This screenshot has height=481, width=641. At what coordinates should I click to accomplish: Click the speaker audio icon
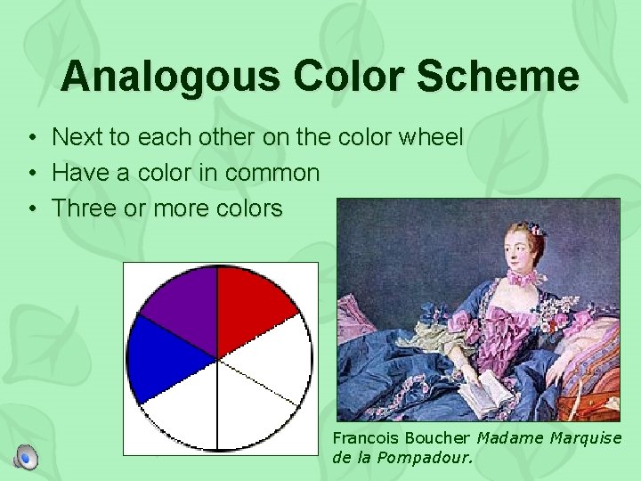coord(27,457)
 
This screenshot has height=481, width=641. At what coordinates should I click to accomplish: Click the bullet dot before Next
coord(31,138)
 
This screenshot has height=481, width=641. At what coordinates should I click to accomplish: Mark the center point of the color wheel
coord(218,358)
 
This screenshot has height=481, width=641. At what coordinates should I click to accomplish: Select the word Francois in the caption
coord(365,437)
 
